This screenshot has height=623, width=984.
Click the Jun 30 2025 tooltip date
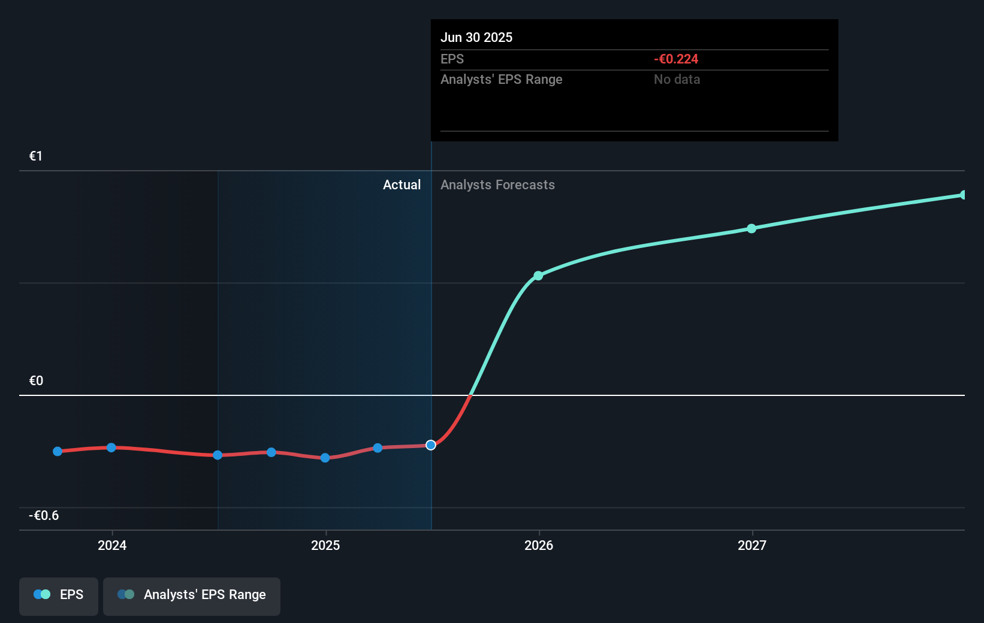pyautogui.click(x=476, y=37)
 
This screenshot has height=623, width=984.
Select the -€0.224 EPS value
pyautogui.click(x=675, y=59)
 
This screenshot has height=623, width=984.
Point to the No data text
pyautogui.click(x=677, y=79)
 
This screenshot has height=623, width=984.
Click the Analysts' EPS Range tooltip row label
pyautogui.click(x=501, y=79)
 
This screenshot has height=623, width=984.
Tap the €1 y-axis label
pyautogui.click(x=36, y=156)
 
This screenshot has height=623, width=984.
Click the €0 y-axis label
pyautogui.click(x=36, y=381)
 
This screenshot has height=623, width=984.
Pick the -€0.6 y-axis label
pyautogui.click(x=44, y=516)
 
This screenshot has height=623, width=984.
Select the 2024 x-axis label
pyautogui.click(x=112, y=545)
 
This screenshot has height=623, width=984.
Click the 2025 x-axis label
pyautogui.click(x=325, y=545)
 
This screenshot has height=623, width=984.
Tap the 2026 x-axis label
pyautogui.click(x=539, y=545)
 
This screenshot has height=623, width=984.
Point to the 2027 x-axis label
pyautogui.click(x=752, y=545)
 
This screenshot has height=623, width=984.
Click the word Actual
pyautogui.click(x=402, y=185)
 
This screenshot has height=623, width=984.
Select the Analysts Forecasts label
pyautogui.click(x=497, y=185)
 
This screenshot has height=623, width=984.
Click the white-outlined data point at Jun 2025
pyautogui.click(x=431, y=445)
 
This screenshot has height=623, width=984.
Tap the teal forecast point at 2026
pyautogui.click(x=538, y=276)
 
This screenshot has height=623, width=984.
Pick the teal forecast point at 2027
pyautogui.click(x=751, y=228)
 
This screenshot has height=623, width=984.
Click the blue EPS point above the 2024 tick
pyautogui.click(x=111, y=447)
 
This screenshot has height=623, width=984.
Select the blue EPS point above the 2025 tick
pyautogui.click(x=325, y=458)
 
